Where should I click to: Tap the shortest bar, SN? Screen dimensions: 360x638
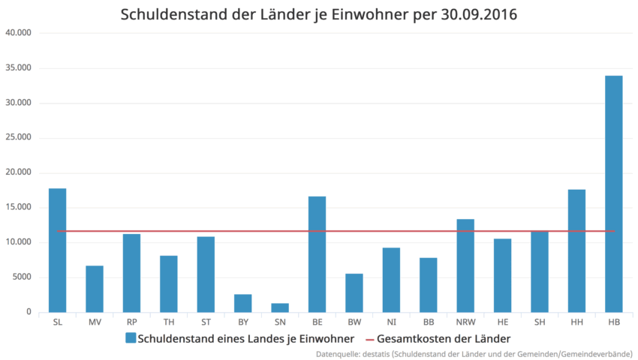[279, 307]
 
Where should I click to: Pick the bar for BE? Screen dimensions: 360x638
[317, 254]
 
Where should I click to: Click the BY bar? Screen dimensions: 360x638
[242, 303]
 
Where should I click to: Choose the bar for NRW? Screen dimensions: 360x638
[465, 265]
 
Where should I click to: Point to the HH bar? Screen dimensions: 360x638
[576, 250]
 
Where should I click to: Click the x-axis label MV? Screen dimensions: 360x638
[95, 322]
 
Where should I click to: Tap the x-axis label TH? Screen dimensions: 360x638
[169, 322]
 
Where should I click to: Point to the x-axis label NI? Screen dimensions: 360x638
[391, 322]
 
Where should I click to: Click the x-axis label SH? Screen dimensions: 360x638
[540, 322]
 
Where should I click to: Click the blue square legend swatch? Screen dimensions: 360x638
[130, 338]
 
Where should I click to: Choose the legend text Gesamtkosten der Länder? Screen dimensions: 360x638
[444, 338]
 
